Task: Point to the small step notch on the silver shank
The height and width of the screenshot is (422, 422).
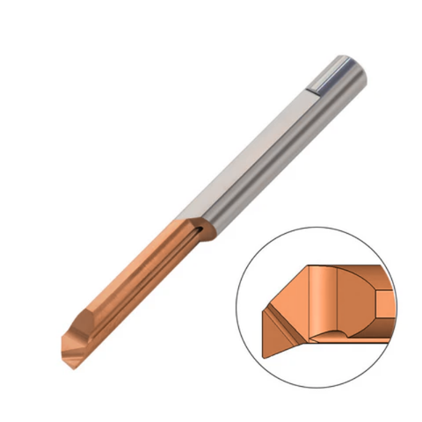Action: [315, 87]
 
